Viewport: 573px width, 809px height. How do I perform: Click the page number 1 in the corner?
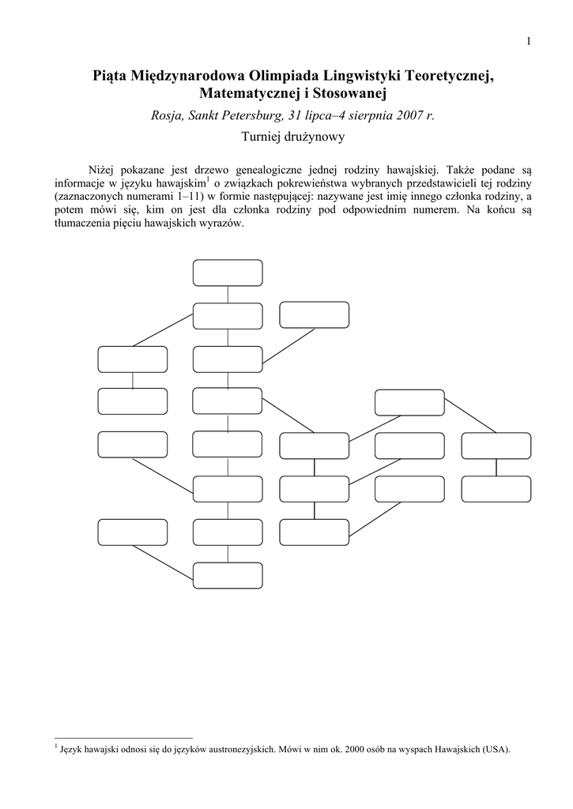point(527,41)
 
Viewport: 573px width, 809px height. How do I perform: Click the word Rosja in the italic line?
point(168,115)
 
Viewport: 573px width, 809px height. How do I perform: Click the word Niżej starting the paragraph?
point(102,169)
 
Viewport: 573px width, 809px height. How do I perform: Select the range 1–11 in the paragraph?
point(192,196)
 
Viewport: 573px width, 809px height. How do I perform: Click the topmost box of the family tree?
point(228,273)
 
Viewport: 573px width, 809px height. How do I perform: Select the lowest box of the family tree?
point(228,575)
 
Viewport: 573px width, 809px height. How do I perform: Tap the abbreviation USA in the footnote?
point(496,750)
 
